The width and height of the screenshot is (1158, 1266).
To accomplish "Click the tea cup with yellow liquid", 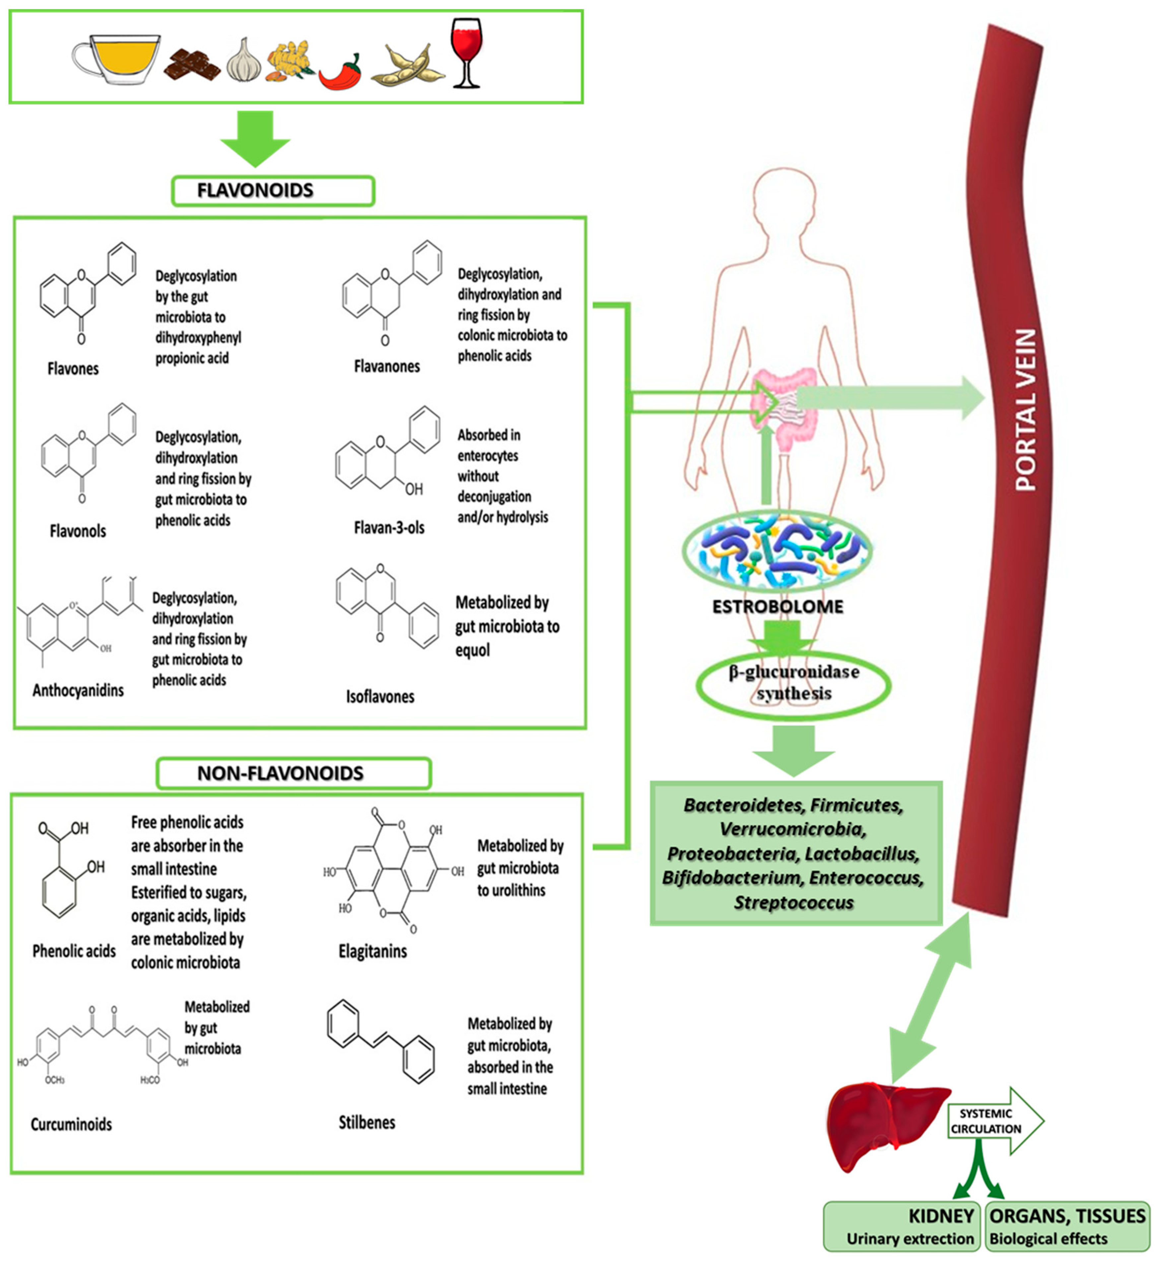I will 119,60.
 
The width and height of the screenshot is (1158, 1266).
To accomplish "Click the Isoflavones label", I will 380,696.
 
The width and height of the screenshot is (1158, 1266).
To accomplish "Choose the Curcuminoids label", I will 71,1124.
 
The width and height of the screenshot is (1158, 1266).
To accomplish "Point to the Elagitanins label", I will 373,951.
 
